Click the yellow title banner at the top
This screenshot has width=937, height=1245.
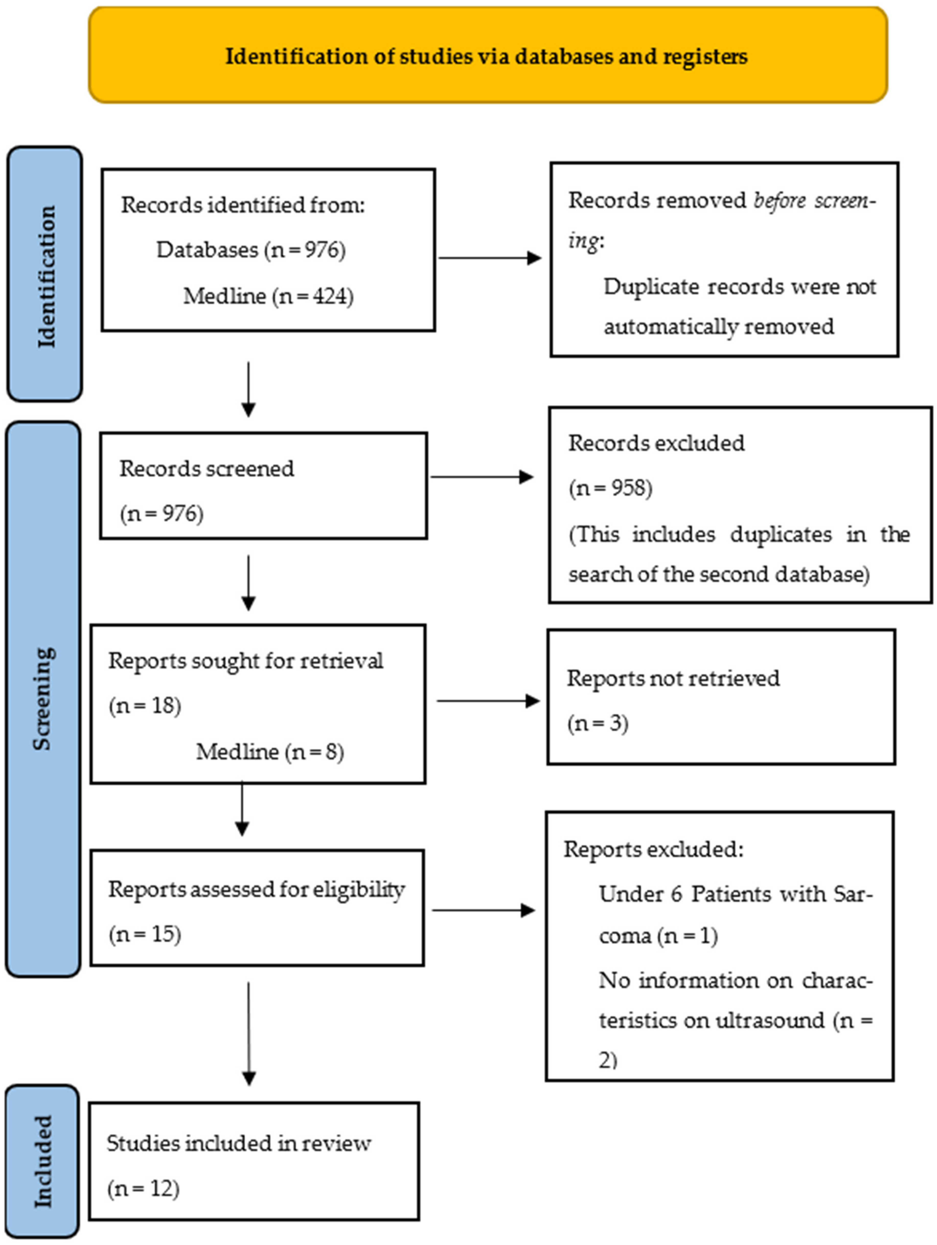[x=487, y=55]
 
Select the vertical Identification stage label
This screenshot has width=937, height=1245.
[x=45, y=276]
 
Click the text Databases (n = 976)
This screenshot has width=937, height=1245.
[x=251, y=249]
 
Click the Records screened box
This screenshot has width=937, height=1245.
[x=263, y=486]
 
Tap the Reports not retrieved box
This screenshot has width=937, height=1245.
[x=721, y=697]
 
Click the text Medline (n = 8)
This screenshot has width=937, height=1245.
[x=270, y=751]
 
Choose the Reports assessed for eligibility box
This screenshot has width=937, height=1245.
[x=257, y=908]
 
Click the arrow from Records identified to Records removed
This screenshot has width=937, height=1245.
[x=490, y=258]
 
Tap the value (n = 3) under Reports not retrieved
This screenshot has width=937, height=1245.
[x=598, y=723]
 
